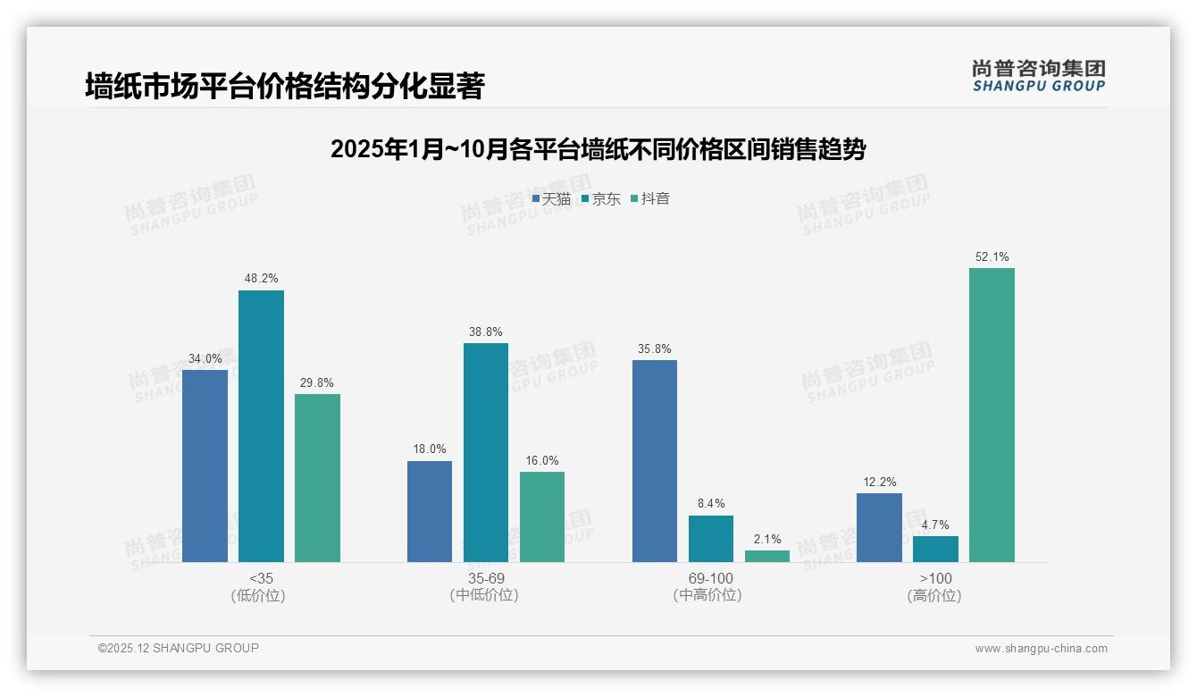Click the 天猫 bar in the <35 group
point(205,466)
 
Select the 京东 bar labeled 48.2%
point(261,426)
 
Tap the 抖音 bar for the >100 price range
point(992,415)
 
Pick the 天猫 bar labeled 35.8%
point(654,461)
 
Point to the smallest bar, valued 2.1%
point(766,556)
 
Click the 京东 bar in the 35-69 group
point(485,452)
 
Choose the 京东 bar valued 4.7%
point(935,549)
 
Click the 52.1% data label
point(992,256)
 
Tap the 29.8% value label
point(317,382)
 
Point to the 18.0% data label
point(429,449)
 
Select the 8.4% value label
point(710,503)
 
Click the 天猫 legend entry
point(551,198)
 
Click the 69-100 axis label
point(710,578)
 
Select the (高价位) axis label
point(934,595)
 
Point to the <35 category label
point(261,578)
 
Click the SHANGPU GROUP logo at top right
point(1039,76)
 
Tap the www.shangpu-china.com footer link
point(1041,649)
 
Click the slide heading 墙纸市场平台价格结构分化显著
point(284,87)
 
